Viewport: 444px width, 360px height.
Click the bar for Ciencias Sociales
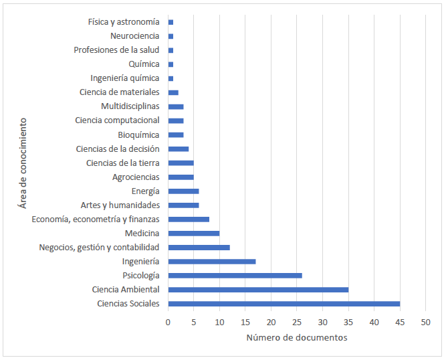coord(284,304)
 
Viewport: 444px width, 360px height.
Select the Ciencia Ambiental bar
coord(258,290)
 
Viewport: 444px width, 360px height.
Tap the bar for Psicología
coord(235,276)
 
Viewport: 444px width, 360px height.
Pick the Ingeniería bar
coord(212,262)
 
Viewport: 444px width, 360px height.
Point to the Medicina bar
coord(194,234)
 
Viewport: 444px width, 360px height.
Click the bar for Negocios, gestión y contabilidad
coord(199,248)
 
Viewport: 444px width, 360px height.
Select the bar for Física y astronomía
coord(171,22)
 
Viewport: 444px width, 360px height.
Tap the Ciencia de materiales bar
coord(173,92)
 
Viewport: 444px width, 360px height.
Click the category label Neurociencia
coord(135,36)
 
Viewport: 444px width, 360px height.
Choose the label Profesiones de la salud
coord(117,50)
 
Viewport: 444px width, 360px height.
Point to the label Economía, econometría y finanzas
coord(96,219)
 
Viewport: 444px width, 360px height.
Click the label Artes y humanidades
coord(120,205)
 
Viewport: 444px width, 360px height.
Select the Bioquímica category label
coord(138,134)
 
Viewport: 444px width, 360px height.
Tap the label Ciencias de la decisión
coord(118,149)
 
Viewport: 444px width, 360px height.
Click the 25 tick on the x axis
coord(297,322)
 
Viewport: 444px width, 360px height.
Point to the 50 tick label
coord(425,322)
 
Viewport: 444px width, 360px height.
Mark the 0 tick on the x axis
coord(169,322)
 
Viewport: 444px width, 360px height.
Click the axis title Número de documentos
coord(297,338)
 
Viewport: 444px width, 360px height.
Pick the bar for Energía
coord(184,191)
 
